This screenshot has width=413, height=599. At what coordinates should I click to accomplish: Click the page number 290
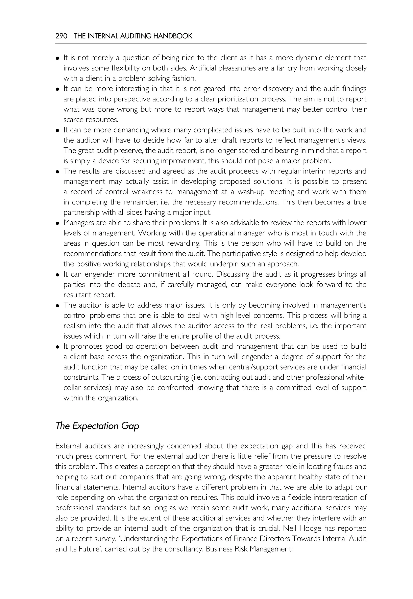(61, 36)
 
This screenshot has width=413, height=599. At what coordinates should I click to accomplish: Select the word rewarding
(184, 243)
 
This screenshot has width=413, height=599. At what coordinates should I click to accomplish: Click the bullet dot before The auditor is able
(57, 306)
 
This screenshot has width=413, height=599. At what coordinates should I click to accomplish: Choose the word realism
(75, 326)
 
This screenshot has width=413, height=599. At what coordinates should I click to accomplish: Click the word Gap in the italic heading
(130, 426)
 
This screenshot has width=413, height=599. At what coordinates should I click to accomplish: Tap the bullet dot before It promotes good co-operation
(57, 347)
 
